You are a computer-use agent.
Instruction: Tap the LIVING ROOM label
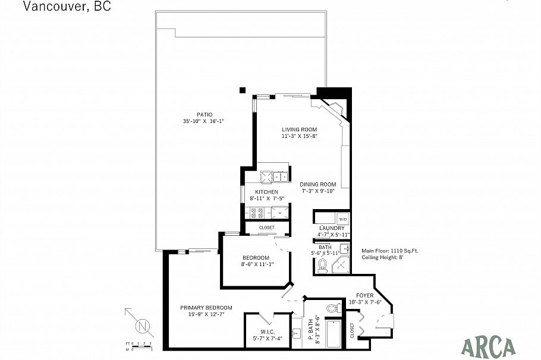coord(299,130)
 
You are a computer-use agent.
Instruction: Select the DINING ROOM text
coord(318,184)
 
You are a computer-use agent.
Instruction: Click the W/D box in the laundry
coord(342,218)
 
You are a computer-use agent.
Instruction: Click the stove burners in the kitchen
coord(256,213)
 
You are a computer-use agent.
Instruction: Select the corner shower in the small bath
coord(341,264)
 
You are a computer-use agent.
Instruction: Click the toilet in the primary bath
coord(335,307)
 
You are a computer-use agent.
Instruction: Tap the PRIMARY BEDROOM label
coord(206,308)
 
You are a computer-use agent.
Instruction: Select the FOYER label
coord(364,295)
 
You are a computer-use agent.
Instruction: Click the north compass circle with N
coord(141,326)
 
